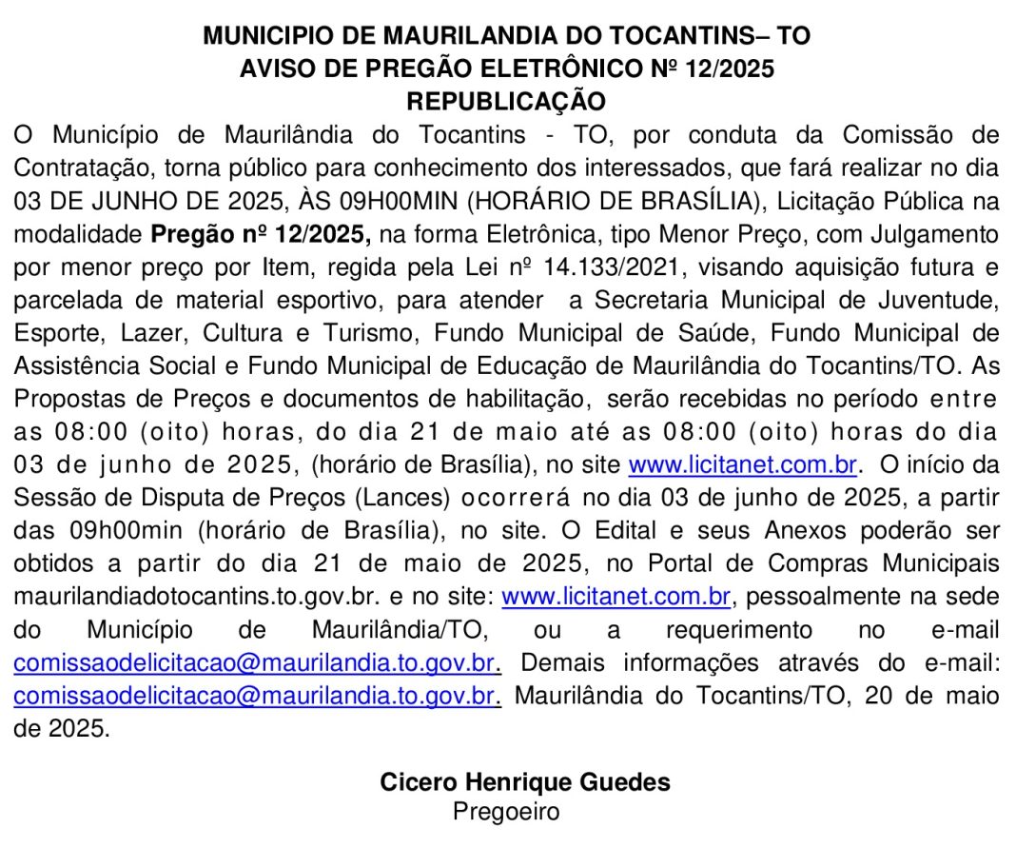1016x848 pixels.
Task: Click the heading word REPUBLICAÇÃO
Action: [x=506, y=101]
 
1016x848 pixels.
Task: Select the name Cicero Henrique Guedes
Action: [x=525, y=782]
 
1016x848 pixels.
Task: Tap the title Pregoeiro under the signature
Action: [x=506, y=812]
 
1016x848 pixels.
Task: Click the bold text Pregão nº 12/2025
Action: [x=260, y=234]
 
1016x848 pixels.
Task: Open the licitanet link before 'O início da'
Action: [x=744, y=466]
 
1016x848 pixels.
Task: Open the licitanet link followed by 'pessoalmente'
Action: [x=615, y=598]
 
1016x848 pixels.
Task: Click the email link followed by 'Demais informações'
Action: [x=256, y=662]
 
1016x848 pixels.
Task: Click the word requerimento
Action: [x=738, y=630]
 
